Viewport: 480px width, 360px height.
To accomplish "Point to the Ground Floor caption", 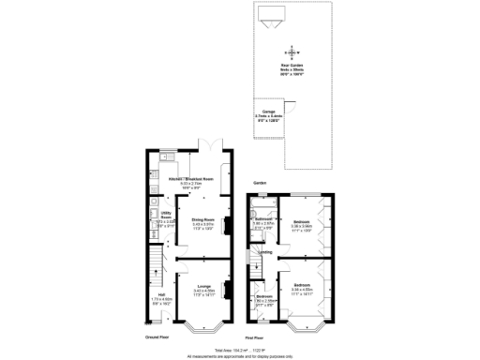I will point(157,336).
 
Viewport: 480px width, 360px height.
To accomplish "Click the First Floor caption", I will point(255,336).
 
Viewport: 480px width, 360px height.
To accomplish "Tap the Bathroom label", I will point(263,223).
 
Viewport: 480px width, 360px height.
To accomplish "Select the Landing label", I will point(265,252).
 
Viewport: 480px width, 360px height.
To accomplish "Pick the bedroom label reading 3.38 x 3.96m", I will point(302,225).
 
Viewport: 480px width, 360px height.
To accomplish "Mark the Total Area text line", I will point(240,349).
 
